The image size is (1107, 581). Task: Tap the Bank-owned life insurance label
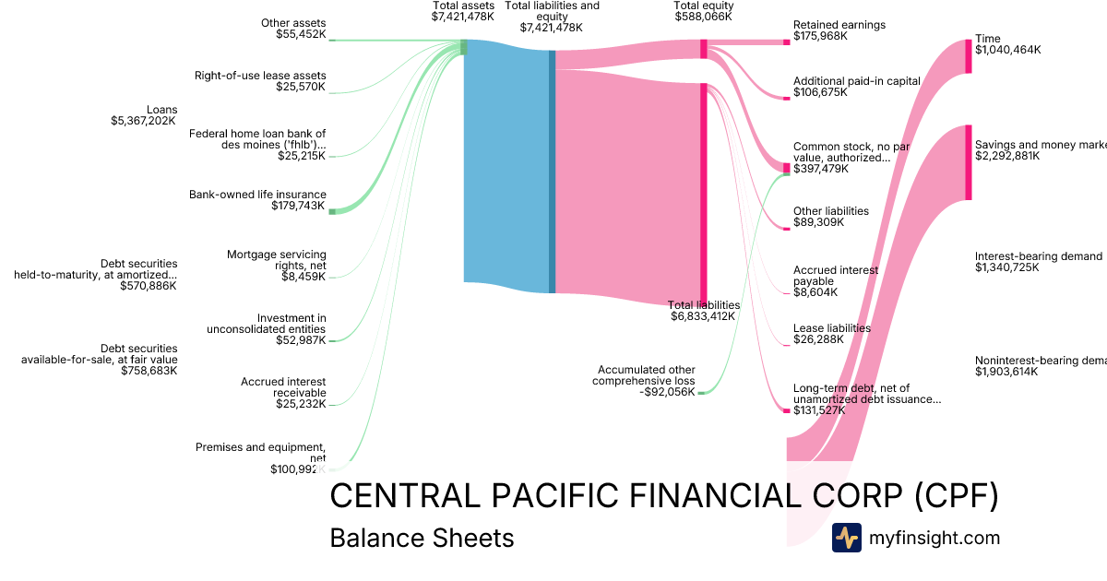(x=257, y=195)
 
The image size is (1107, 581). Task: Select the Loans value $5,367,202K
(x=143, y=121)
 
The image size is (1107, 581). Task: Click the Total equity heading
(x=704, y=6)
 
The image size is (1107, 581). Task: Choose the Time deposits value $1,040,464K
(x=1007, y=51)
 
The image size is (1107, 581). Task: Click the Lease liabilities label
(x=832, y=328)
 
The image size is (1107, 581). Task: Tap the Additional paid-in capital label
(x=857, y=81)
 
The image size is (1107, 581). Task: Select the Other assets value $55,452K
(x=301, y=34)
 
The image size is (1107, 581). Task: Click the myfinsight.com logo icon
(x=846, y=538)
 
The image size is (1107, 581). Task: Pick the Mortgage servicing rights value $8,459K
(x=304, y=275)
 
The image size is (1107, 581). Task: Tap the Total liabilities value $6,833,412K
(x=703, y=316)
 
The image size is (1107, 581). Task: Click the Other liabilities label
(x=831, y=211)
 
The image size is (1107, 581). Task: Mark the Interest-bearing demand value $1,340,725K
(x=1007, y=267)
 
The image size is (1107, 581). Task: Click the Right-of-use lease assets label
(x=260, y=76)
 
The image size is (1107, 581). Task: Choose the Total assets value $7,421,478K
(x=463, y=17)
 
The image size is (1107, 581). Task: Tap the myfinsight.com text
(x=934, y=538)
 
